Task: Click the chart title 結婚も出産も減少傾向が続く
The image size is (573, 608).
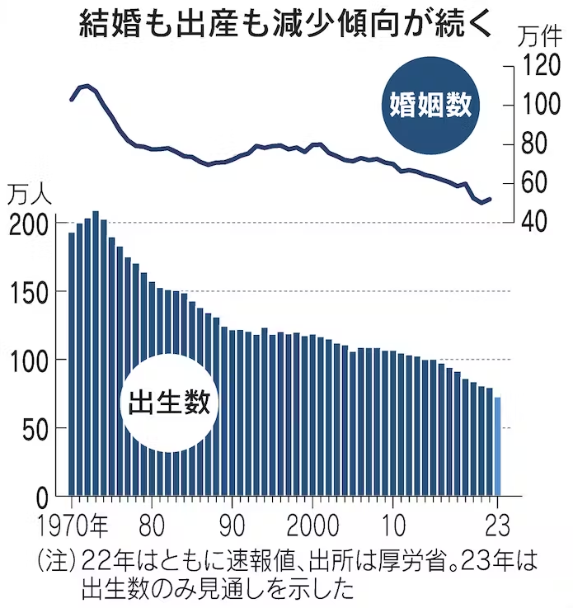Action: (286, 24)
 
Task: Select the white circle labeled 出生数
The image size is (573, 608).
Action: (171, 403)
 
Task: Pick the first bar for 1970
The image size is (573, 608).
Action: (72, 363)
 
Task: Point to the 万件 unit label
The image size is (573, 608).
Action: (540, 37)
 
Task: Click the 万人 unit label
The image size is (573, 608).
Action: (30, 196)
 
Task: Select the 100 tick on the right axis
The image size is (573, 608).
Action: (540, 105)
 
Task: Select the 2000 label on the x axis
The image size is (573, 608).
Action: (312, 526)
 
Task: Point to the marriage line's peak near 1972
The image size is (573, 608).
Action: (87, 85)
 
